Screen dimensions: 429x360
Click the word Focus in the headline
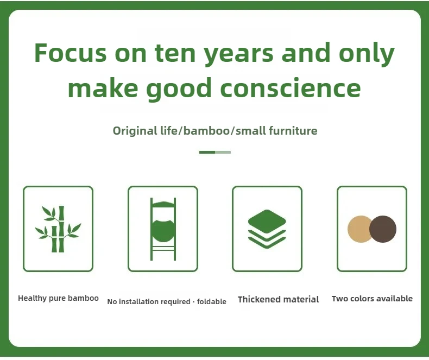pyautogui.click(x=70, y=53)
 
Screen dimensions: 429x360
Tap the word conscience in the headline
pyautogui.click(x=291, y=88)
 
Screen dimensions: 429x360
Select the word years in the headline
pyautogui.click(x=239, y=55)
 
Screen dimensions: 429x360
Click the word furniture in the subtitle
pyautogui.click(x=293, y=130)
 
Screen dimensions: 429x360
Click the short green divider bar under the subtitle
pyautogui.click(x=215, y=153)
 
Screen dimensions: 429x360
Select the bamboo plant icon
pyautogui.click(x=58, y=229)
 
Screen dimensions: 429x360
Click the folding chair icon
pyautogui.click(x=163, y=229)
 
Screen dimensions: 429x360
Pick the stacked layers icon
pyautogui.click(x=267, y=229)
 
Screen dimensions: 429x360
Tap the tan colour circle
pyautogui.click(x=359, y=229)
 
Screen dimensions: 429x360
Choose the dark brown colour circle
pyautogui.click(x=383, y=229)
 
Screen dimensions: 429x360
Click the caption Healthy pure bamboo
pyautogui.click(x=58, y=298)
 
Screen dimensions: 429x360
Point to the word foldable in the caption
pyautogui.click(x=211, y=301)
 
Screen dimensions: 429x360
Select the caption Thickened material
pyautogui.click(x=278, y=299)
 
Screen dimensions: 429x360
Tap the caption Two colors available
pyautogui.click(x=372, y=299)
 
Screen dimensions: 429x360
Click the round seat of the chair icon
pyautogui.click(x=163, y=231)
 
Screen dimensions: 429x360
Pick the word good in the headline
pyautogui.click(x=179, y=90)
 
